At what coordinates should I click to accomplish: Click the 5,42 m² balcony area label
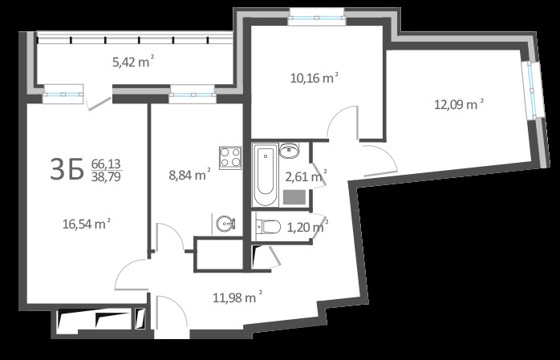133,62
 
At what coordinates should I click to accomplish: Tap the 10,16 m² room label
314,78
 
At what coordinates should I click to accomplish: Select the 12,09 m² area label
459,104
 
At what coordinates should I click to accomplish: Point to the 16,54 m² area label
87,224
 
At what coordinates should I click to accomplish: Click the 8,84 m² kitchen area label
189,175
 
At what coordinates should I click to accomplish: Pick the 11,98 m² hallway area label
237,297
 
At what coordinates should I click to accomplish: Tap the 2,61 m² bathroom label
306,176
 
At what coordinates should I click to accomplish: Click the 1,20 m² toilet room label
307,227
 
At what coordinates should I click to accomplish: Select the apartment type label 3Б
67,169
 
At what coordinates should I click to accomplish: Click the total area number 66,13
106,164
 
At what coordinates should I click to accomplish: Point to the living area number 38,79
106,176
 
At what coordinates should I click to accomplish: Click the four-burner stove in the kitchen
230,157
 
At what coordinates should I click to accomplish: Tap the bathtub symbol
265,175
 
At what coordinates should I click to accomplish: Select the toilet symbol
268,227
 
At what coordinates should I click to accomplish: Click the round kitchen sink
225,224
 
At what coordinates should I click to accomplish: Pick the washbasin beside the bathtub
290,150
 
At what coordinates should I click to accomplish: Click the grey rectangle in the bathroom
294,197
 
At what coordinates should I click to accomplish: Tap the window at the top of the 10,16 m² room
317,18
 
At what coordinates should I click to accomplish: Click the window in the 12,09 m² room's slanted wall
532,91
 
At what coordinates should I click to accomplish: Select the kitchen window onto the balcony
193,95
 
